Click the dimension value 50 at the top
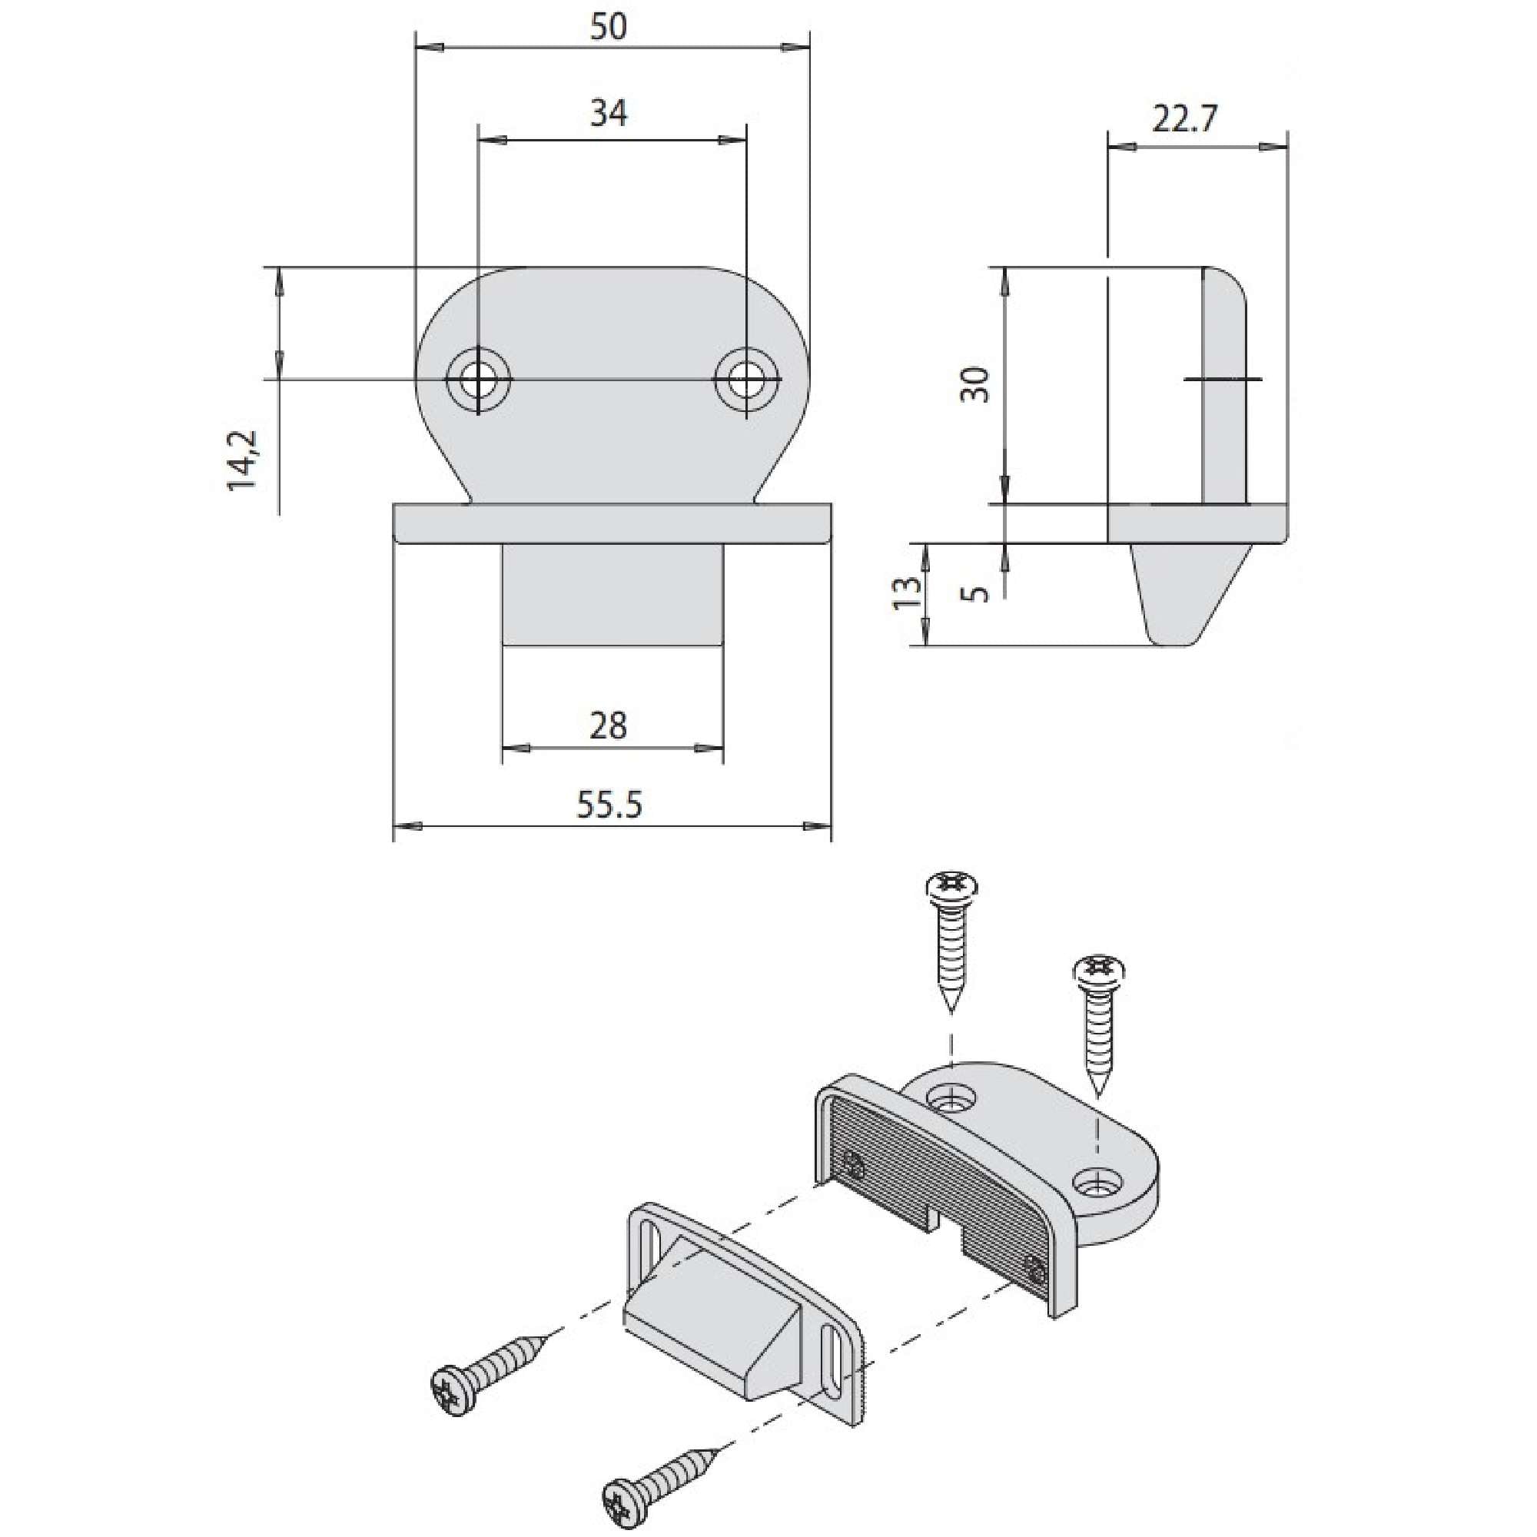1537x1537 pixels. [609, 28]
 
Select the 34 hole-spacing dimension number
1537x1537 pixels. [609, 114]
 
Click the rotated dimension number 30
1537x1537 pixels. [976, 384]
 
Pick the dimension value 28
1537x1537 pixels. [609, 725]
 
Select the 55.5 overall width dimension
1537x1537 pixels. [609, 805]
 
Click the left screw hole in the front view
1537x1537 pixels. [478, 380]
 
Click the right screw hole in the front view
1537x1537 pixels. [746, 380]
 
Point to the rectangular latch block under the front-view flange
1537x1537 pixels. [612, 594]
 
